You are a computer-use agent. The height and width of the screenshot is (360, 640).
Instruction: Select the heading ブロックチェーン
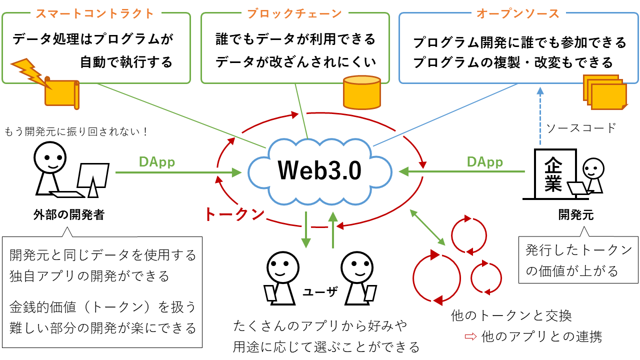pyautogui.click(x=294, y=13)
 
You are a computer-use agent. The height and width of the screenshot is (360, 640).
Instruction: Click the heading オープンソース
pyautogui.click(x=518, y=13)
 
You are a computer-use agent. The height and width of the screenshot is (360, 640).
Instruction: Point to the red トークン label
pyautogui.click(x=234, y=214)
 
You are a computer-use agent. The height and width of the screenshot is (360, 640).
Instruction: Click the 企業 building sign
pyautogui.click(x=553, y=174)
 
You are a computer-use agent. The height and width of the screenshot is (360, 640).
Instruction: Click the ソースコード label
pyautogui.click(x=581, y=128)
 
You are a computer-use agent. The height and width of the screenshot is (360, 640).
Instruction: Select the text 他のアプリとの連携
pyautogui.click(x=541, y=336)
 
